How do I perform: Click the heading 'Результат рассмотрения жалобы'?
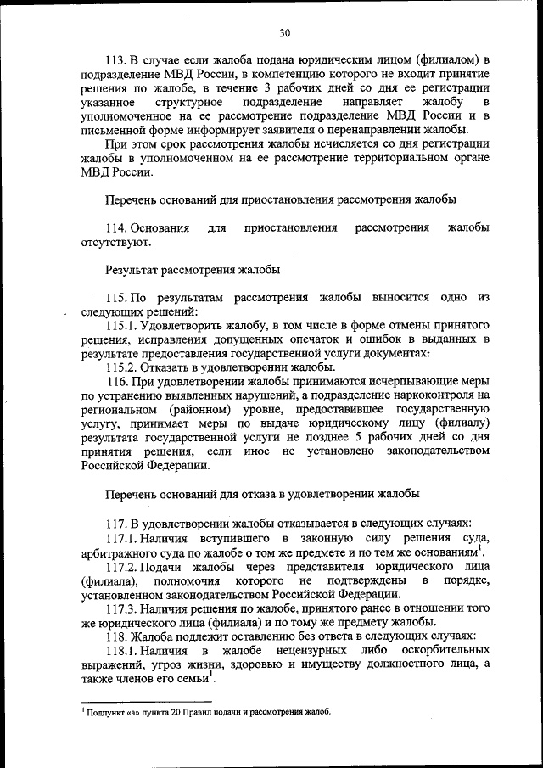pyautogui.click(x=193, y=270)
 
